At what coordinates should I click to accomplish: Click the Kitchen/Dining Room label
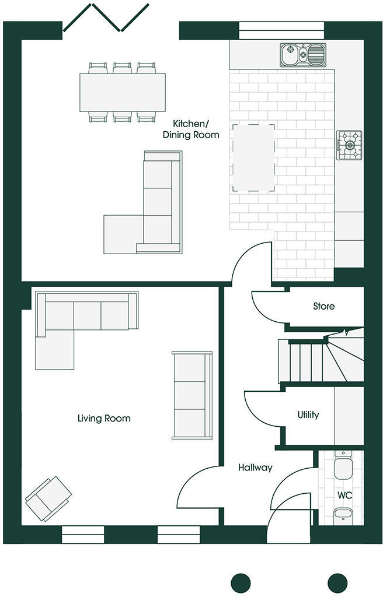coord(196,129)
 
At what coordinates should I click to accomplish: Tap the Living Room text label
coord(104,419)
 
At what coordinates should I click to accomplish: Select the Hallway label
coord(255,468)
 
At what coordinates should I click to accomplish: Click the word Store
coord(324,306)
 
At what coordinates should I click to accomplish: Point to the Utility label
coord(308,415)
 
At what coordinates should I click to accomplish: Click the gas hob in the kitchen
coord(349,145)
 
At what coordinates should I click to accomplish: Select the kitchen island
coord(253,157)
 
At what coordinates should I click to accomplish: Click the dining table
coord(123,92)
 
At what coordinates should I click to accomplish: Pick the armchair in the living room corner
coord(48,497)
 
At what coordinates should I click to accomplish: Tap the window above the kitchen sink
coord(281,30)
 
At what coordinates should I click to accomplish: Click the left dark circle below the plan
coord(241,582)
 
